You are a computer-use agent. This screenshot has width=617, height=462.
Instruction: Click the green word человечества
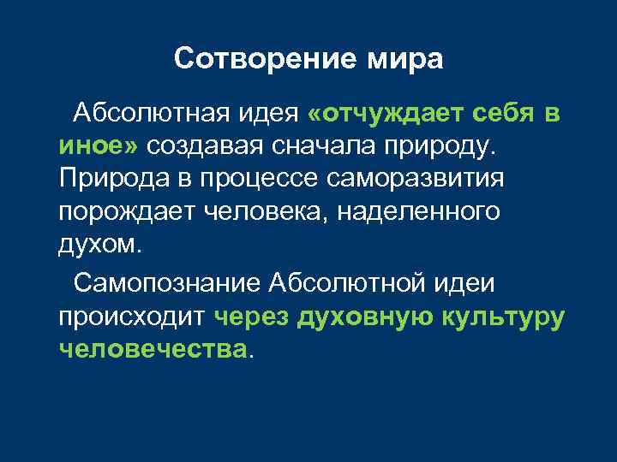click(151, 348)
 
